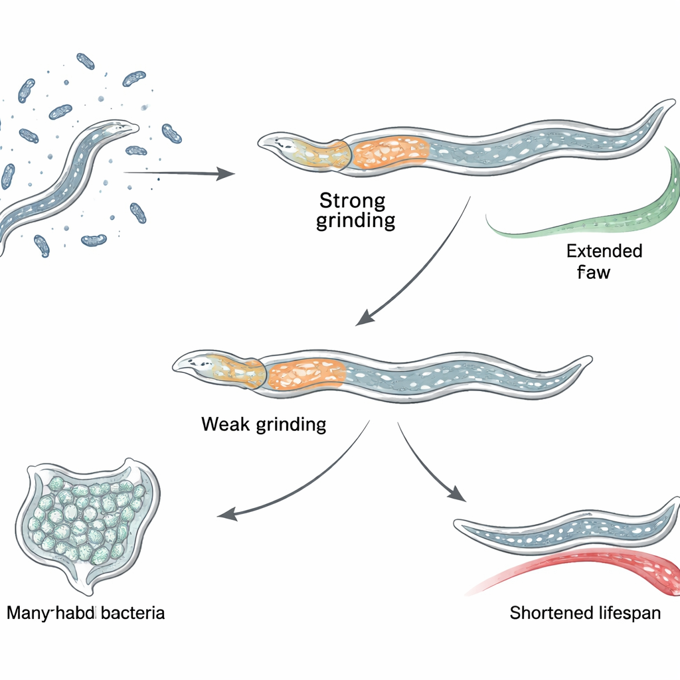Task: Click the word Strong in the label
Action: [x=352, y=200]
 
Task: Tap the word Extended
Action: [x=604, y=251]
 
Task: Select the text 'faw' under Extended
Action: [x=593, y=272]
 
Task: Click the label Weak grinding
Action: [x=264, y=424]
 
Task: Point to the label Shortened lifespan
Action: [x=585, y=612]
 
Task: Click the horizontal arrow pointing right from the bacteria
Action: [x=179, y=173]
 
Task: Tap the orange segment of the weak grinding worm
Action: [x=305, y=374]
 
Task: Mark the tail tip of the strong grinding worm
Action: [x=667, y=106]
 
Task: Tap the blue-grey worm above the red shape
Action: [x=564, y=528]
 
